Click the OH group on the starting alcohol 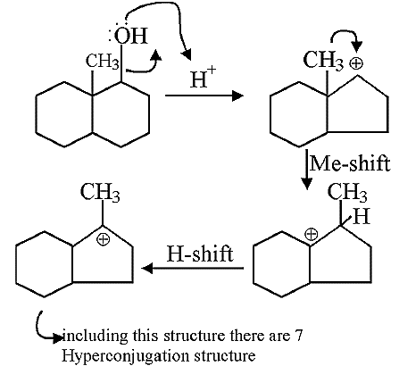(130, 36)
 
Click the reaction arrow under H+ (204, 96)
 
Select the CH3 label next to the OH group (103, 62)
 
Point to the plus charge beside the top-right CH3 (356, 63)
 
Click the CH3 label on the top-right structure (323, 61)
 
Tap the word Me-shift (350, 163)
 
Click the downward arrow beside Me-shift (307, 169)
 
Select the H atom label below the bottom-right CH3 (362, 216)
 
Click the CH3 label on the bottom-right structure (347, 193)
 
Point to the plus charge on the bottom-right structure (312, 234)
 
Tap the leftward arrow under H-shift (193, 269)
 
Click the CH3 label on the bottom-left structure (100, 193)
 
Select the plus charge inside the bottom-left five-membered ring (104, 239)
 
